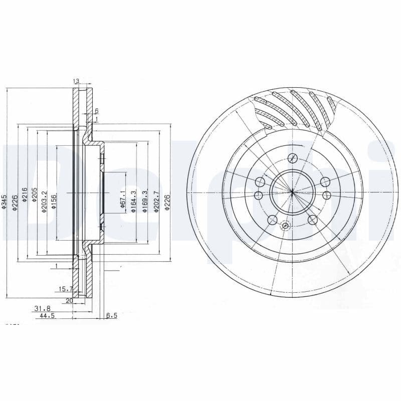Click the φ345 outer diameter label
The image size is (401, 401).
tap(4, 201)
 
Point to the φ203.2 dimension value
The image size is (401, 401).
tap(44, 202)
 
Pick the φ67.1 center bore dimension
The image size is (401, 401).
tap(122, 199)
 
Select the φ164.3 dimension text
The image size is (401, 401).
tap(133, 202)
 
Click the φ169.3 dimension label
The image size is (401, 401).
tap(145, 202)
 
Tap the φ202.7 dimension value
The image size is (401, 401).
tap(156, 202)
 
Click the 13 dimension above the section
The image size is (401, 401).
tap(76, 81)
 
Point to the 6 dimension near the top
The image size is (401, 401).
tap(96, 111)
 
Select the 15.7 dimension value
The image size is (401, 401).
tap(66, 289)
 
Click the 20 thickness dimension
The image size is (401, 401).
tap(69, 301)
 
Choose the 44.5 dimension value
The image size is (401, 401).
tap(48, 316)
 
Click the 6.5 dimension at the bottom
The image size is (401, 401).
tap(111, 316)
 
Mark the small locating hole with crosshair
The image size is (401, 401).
tap(285, 226)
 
